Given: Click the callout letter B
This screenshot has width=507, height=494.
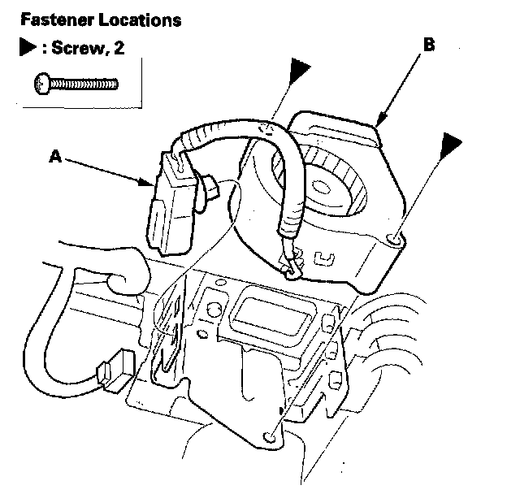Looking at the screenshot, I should pos(428,46).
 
